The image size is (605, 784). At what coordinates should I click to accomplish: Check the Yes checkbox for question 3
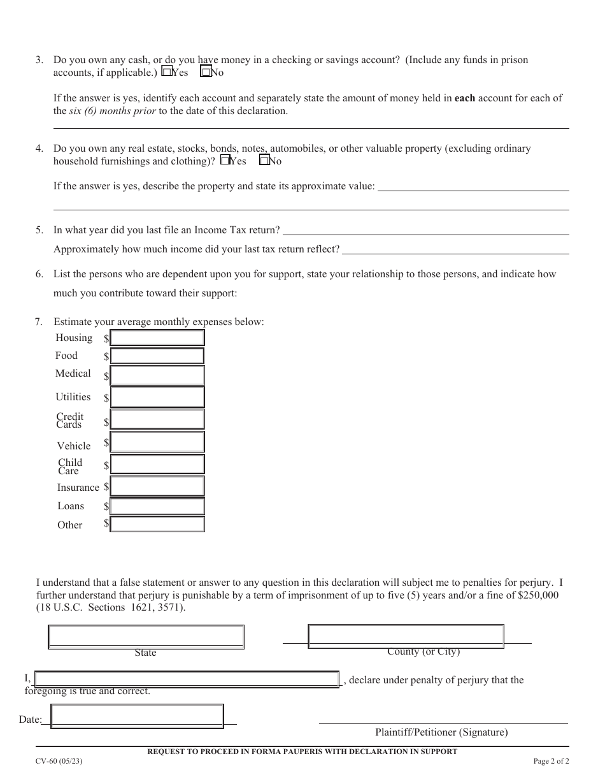pyautogui.click(x=167, y=73)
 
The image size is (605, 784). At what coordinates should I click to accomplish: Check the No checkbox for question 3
pyautogui.click(x=206, y=73)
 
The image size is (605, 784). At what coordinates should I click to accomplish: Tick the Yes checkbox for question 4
pyautogui.click(x=224, y=161)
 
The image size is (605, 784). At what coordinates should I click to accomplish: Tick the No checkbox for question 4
pyautogui.click(x=264, y=161)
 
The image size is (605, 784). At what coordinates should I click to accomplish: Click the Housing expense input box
pyautogui.click(x=157, y=338)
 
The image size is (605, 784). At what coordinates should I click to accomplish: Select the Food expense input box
pyautogui.click(x=157, y=356)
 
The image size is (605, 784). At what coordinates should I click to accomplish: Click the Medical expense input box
pyautogui.click(x=157, y=375)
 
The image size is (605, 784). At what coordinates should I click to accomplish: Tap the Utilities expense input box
pyautogui.click(x=157, y=397)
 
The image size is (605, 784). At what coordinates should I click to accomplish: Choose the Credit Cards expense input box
pyautogui.click(x=157, y=419)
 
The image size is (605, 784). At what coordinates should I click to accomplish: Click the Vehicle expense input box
pyautogui.click(x=157, y=442)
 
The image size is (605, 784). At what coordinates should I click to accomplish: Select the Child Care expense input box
pyautogui.click(x=157, y=464)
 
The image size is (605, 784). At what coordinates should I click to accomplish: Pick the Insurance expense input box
pyautogui.click(x=157, y=486)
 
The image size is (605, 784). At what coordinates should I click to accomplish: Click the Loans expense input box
pyautogui.click(x=157, y=506)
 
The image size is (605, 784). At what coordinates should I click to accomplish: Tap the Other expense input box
pyautogui.click(x=157, y=524)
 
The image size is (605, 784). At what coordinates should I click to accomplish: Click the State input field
pyautogui.click(x=146, y=637)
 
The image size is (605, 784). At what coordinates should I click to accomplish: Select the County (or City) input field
pyautogui.click(x=406, y=635)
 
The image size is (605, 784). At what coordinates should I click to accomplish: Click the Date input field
pyautogui.click(x=137, y=716)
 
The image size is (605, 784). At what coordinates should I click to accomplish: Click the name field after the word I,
pyautogui.click(x=187, y=679)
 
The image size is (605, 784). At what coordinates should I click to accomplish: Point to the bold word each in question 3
pyautogui.click(x=464, y=98)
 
